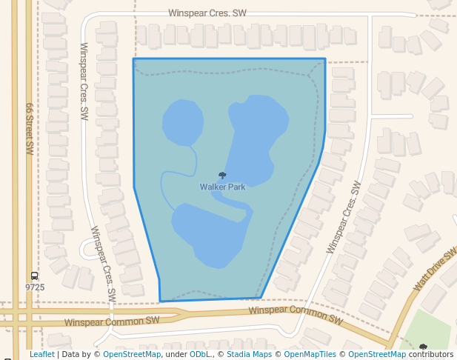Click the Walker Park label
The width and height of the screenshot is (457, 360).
(222, 187)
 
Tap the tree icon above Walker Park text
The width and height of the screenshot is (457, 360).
(222, 176)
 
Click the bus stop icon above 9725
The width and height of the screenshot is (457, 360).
(35, 276)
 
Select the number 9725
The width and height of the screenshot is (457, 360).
(35, 287)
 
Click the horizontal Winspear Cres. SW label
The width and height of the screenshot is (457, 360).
(207, 13)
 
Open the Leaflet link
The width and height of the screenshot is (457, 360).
(41, 354)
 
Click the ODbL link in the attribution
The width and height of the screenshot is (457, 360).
(199, 354)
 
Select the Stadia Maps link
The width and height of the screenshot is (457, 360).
(249, 354)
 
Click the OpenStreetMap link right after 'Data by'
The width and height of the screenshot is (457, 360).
(131, 354)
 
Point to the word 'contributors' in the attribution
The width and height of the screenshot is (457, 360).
(431, 354)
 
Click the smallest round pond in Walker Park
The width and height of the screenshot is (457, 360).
(182, 122)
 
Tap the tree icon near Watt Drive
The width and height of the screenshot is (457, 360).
(423, 347)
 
